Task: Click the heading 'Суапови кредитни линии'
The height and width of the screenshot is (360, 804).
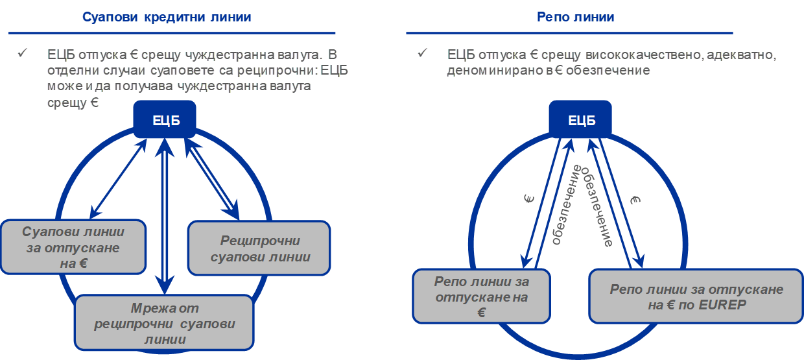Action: [x=167, y=18]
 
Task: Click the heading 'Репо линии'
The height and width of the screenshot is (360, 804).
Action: [x=575, y=17]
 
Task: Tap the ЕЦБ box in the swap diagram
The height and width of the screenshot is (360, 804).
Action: [x=165, y=119]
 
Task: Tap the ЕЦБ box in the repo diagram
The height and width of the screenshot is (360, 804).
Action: [x=580, y=119]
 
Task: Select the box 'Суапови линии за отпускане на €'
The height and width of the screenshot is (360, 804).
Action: [x=73, y=247]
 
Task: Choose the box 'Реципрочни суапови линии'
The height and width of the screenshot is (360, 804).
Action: [x=259, y=248]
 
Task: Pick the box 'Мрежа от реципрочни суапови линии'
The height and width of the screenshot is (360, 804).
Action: [x=165, y=322]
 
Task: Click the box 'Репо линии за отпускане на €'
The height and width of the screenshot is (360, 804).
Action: [x=481, y=296]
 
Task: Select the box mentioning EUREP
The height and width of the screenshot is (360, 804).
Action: [x=696, y=296]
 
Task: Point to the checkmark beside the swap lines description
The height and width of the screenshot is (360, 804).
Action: [x=23, y=53]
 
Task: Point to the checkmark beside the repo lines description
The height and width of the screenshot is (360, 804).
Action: [x=423, y=53]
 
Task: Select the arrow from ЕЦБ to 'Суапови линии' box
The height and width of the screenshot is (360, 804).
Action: [x=118, y=179]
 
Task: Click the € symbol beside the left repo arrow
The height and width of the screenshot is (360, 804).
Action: [x=529, y=199]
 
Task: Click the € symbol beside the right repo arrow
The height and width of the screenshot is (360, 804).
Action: [x=635, y=200]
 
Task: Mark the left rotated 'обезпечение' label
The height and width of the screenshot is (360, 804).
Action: [x=567, y=205]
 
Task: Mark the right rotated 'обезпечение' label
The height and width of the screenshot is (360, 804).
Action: [x=596, y=207]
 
